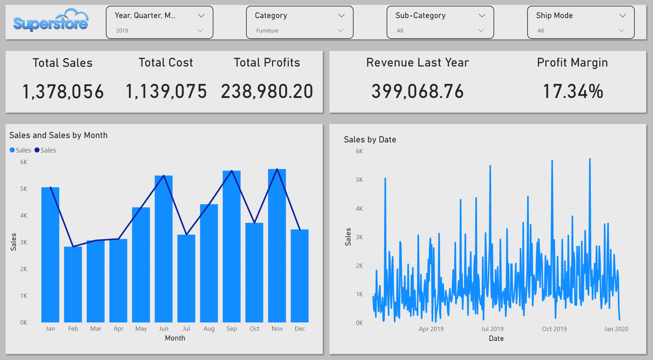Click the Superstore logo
pyautogui.click(x=51, y=21)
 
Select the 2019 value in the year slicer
pyautogui.click(x=122, y=31)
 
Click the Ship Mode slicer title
pyautogui.click(x=554, y=16)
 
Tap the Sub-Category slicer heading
pyautogui.click(x=420, y=16)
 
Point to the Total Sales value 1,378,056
pyautogui.click(x=63, y=91)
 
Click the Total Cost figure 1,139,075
pyautogui.click(x=166, y=91)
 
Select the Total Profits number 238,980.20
pyautogui.click(x=267, y=91)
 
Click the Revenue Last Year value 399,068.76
pyautogui.click(x=417, y=91)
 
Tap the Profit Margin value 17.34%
pyautogui.click(x=573, y=91)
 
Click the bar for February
pyautogui.click(x=73, y=286)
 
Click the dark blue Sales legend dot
pyautogui.click(x=37, y=150)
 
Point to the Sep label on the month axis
pyautogui.click(x=232, y=329)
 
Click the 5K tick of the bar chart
pyautogui.click(x=24, y=189)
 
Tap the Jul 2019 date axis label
pyautogui.click(x=492, y=329)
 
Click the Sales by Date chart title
pyautogui.click(x=370, y=140)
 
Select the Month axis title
pyautogui.click(x=175, y=338)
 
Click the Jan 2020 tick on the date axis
pyautogui.click(x=616, y=329)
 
